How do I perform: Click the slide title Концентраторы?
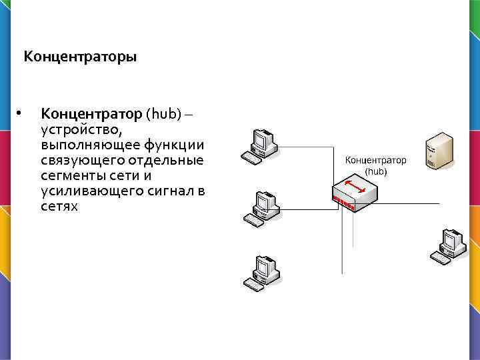(x=80, y=57)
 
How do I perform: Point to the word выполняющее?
(x=81, y=145)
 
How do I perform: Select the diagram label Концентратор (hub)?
(x=375, y=166)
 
